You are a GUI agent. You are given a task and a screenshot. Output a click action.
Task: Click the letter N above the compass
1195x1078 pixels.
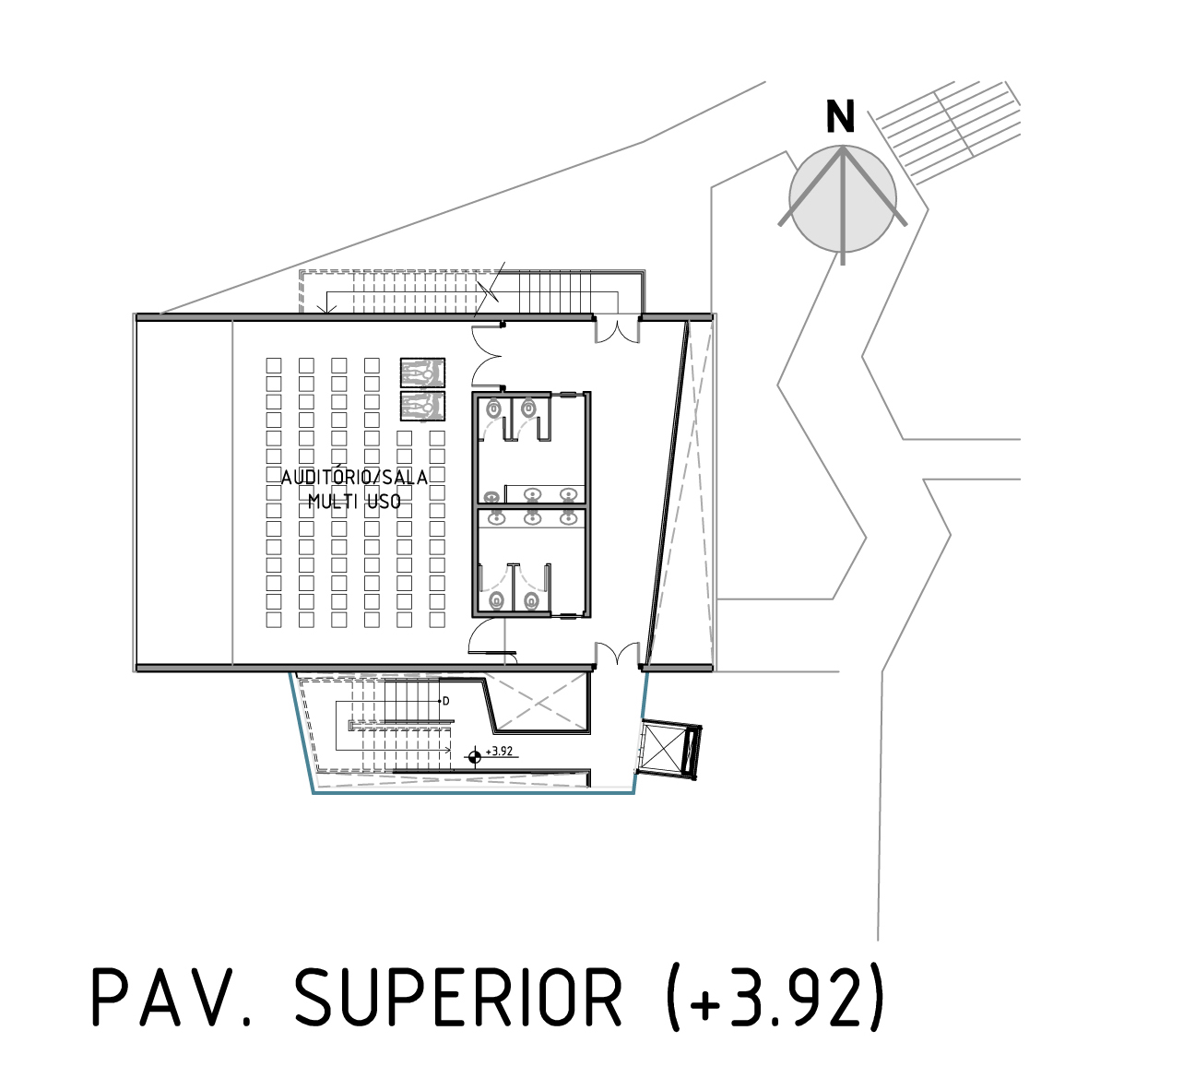pyautogui.click(x=840, y=116)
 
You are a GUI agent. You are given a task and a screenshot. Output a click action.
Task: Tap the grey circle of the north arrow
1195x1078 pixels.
pyautogui.click(x=842, y=198)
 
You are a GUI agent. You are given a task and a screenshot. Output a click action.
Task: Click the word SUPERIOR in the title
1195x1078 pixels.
pyautogui.click(x=458, y=997)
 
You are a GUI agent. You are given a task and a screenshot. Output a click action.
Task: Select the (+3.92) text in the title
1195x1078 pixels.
pyautogui.click(x=775, y=997)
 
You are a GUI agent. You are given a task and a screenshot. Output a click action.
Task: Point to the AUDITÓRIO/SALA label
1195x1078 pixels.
pyautogui.click(x=354, y=478)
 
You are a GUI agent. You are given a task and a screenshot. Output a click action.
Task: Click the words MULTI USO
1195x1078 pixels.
pyautogui.click(x=354, y=502)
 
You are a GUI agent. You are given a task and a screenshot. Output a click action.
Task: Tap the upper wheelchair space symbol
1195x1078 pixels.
pyautogui.click(x=422, y=373)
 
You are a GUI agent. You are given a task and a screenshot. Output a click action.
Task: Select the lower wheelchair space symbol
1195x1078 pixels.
pyautogui.click(x=422, y=406)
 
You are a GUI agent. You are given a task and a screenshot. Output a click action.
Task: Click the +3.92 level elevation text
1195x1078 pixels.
pyautogui.click(x=499, y=752)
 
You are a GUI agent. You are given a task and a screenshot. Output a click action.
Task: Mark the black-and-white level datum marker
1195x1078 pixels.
pyautogui.click(x=475, y=757)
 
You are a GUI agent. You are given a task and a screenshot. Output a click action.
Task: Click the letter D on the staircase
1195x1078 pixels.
pyautogui.click(x=446, y=702)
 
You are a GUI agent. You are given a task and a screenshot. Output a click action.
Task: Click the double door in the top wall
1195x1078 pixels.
pyautogui.click(x=616, y=328)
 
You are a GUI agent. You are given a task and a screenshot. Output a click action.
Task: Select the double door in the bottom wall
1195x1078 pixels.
pyautogui.click(x=616, y=655)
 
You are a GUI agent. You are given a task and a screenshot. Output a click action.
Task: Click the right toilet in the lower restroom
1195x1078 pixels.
pyautogui.click(x=530, y=601)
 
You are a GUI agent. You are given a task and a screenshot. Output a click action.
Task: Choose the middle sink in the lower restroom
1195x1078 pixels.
pyautogui.click(x=532, y=517)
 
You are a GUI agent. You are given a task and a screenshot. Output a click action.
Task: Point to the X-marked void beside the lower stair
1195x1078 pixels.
pyautogui.click(x=538, y=702)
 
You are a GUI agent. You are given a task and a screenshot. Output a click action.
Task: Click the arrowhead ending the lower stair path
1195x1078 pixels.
pyautogui.click(x=448, y=750)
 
